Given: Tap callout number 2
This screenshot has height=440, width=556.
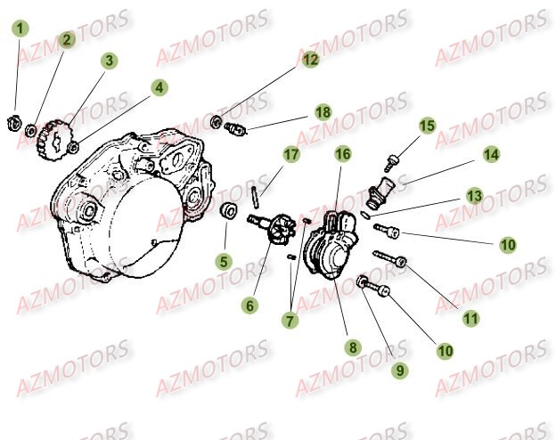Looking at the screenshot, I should point(68,39).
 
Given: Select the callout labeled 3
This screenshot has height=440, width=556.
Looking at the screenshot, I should point(109,61).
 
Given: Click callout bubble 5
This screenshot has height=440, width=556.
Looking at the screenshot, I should point(224,262).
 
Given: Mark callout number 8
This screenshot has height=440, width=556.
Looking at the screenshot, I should point(353,347).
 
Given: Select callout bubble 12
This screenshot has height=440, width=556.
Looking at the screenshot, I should point(309,61).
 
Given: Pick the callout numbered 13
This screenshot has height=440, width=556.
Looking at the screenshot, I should point(475,195).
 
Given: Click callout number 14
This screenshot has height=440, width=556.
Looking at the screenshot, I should point(490,154).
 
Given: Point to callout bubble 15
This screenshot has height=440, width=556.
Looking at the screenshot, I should point(427,126).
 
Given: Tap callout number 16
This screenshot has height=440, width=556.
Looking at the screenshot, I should point(342,154).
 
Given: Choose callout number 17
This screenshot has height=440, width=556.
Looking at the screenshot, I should point(290,155).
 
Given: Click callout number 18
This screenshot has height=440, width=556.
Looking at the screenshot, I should point(322,112).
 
